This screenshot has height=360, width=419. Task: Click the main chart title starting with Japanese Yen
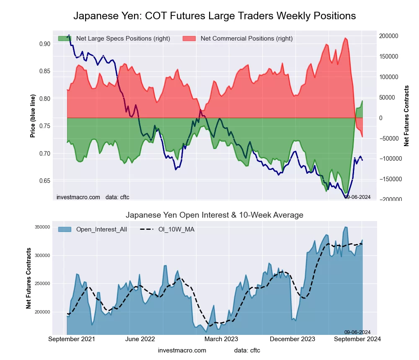click(x=215, y=16)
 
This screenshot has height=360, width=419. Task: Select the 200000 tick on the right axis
click(x=389, y=36)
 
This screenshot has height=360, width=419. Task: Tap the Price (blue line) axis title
click(x=33, y=116)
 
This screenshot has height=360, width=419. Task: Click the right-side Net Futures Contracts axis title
click(x=406, y=116)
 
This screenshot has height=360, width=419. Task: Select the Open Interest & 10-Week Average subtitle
click(x=215, y=215)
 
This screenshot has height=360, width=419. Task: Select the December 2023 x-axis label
click(x=296, y=339)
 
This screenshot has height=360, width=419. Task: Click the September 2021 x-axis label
click(x=72, y=339)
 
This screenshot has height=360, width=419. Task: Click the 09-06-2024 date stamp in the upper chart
click(x=357, y=197)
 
